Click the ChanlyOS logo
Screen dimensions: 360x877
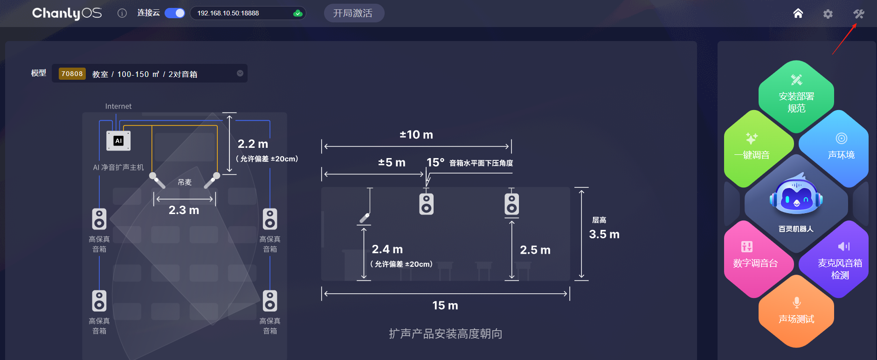click(x=67, y=13)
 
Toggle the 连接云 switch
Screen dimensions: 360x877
click(x=175, y=13)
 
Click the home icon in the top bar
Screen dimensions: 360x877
click(x=798, y=14)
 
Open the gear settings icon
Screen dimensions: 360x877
click(x=828, y=14)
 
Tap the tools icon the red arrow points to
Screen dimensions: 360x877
click(x=859, y=14)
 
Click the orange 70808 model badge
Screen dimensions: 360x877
click(x=72, y=74)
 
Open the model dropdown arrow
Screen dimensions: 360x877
click(x=240, y=73)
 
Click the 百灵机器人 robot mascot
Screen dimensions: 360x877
click(x=796, y=196)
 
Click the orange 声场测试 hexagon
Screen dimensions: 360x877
click(x=796, y=312)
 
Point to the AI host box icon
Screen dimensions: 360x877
click(x=118, y=141)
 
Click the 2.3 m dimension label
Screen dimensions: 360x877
click(x=184, y=210)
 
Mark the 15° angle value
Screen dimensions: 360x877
click(x=435, y=162)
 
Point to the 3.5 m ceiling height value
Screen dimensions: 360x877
click(x=604, y=234)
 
